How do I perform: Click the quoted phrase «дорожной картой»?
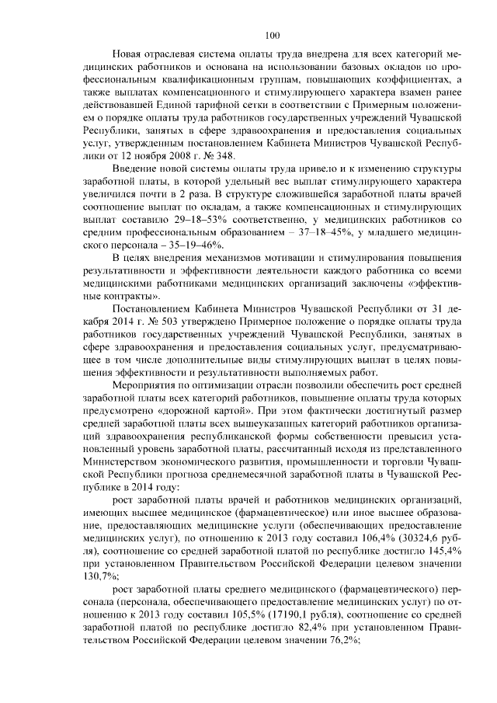click(x=183, y=407)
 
